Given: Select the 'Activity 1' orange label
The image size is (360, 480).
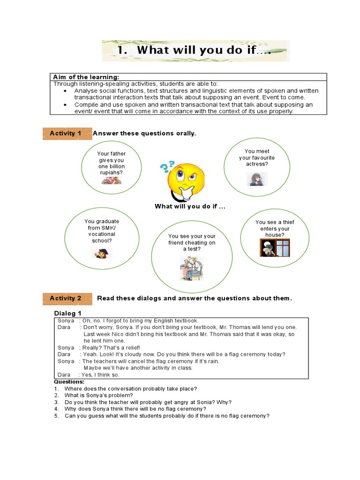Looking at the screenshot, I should click(x=65, y=134).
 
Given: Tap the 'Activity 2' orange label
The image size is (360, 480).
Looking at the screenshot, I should click(x=65, y=298).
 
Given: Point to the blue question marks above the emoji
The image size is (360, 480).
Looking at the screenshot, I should click(x=167, y=166).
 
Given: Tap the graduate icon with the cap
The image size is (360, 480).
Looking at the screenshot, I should click(x=101, y=254).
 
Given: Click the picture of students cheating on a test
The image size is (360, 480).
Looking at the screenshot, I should click(x=191, y=268).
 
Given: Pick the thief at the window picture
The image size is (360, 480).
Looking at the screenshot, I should click(x=274, y=247).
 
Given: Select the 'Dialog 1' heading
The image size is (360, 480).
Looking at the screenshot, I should click(x=68, y=314).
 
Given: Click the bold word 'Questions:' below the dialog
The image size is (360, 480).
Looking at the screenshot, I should click(x=69, y=382).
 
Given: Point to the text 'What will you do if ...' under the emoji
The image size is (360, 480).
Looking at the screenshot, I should click(x=187, y=207).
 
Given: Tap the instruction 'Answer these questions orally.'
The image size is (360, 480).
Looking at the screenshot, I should click(x=144, y=134).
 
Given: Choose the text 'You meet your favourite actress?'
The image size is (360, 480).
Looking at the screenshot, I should click(x=256, y=158).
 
